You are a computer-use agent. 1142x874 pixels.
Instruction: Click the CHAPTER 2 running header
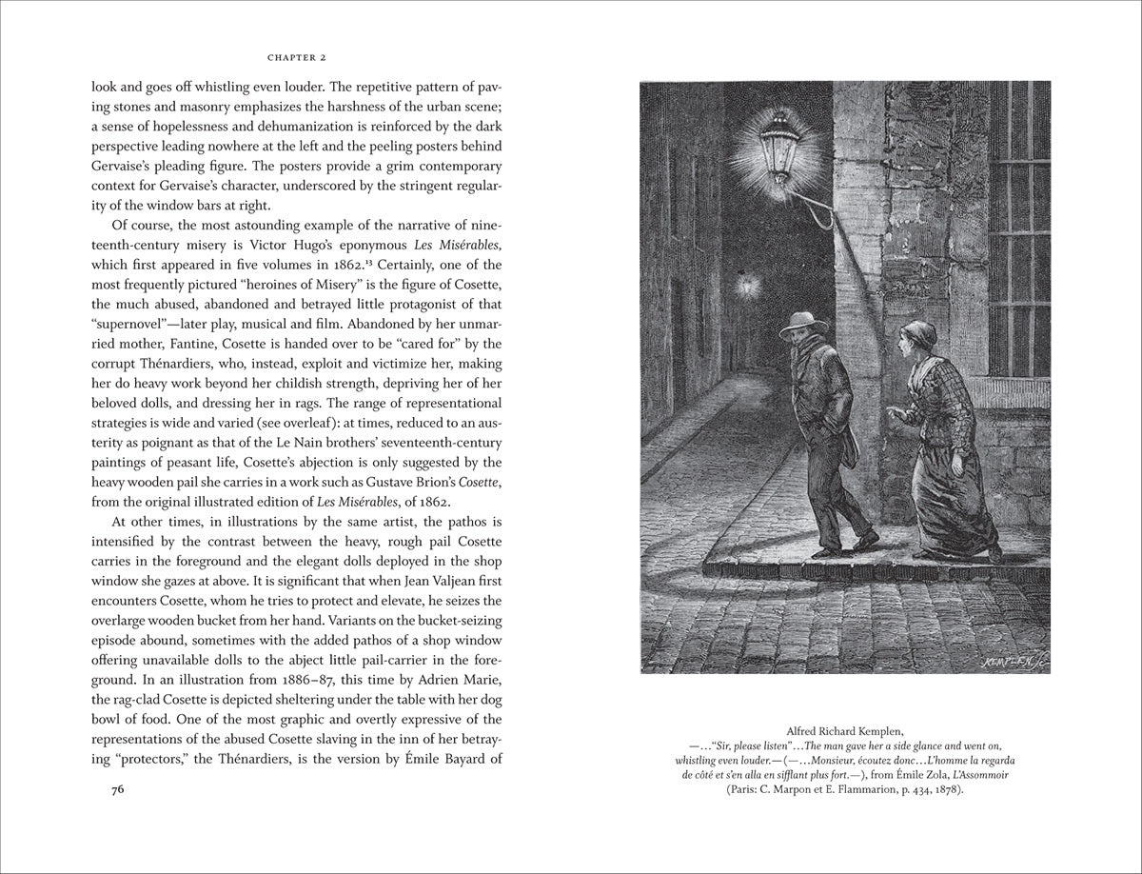pyautogui.click(x=300, y=55)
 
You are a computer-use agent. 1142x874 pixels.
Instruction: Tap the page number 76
pyautogui.click(x=118, y=789)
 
